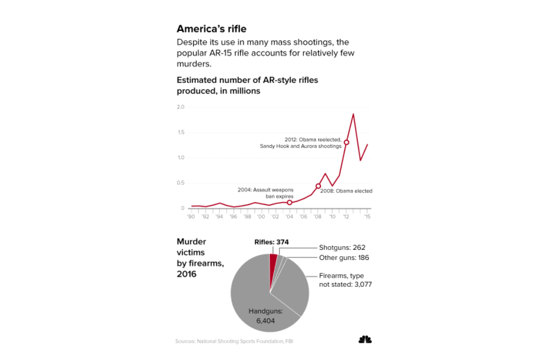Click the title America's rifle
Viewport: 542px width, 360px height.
coord(211,29)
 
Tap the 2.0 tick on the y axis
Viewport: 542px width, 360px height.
coord(180,107)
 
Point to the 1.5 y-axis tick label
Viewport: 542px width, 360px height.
coord(180,132)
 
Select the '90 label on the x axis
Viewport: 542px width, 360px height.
coord(191,217)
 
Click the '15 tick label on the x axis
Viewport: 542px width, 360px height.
coord(367,217)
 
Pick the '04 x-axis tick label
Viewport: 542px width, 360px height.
coord(289,217)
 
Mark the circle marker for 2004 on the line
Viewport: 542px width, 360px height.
coord(289,203)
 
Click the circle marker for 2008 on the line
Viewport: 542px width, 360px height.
coord(318,186)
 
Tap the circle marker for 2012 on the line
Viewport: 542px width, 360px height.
coord(346,142)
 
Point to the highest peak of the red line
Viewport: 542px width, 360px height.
coord(354,114)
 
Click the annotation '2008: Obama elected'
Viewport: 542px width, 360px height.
coord(346,191)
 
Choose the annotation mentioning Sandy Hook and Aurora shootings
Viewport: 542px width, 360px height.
coord(301,142)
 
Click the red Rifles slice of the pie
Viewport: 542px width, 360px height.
coord(273,262)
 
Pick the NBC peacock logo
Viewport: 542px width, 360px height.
coord(365,340)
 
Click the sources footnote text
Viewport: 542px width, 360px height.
coord(233,342)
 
